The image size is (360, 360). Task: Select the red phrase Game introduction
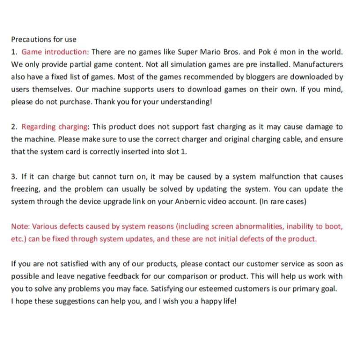(54, 52)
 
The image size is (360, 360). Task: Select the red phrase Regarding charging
(55, 127)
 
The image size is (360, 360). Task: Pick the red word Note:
(20, 226)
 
